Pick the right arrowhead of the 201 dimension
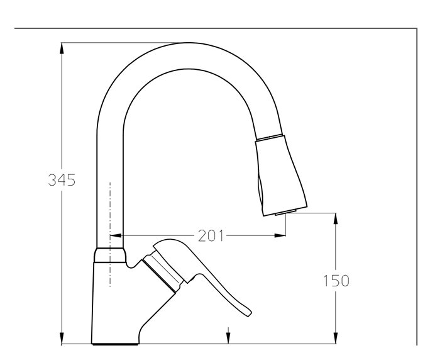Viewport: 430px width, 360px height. tap(284, 236)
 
